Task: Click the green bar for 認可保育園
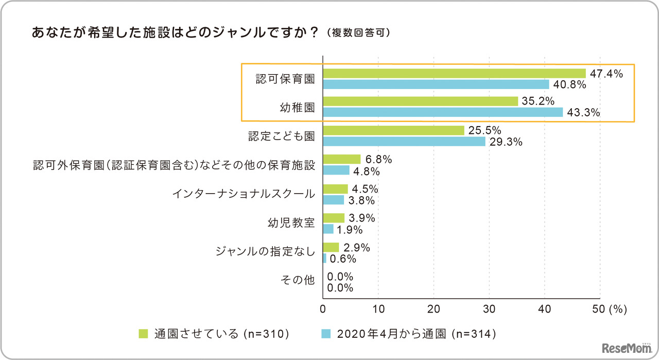(x=454, y=74)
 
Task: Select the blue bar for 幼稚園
(x=443, y=112)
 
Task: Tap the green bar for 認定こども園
(x=393, y=131)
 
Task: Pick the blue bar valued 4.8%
(x=336, y=170)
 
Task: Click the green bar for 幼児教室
(x=334, y=218)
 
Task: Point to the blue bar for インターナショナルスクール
(x=333, y=200)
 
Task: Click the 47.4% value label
(x=606, y=74)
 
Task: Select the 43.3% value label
(x=583, y=113)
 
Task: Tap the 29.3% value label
(x=506, y=142)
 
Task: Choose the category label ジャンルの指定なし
(x=266, y=251)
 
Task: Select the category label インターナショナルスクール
(x=244, y=194)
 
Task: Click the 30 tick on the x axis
(x=490, y=309)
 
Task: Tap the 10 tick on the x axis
(x=378, y=309)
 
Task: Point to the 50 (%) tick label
(x=609, y=309)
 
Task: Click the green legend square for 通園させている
(x=144, y=334)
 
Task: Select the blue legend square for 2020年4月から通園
(x=325, y=334)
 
